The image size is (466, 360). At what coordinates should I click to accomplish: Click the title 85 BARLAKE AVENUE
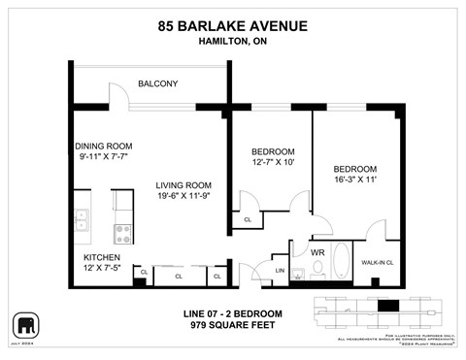(x=233, y=26)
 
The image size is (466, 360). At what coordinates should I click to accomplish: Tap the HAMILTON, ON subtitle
(x=233, y=42)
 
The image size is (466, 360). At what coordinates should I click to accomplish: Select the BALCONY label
(x=157, y=83)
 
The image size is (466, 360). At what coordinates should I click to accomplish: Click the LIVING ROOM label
(x=184, y=185)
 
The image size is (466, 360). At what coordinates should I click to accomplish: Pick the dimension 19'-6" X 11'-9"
(x=184, y=196)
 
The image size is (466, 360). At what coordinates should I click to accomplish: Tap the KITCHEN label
(x=103, y=257)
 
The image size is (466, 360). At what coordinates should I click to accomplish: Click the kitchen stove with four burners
(x=123, y=232)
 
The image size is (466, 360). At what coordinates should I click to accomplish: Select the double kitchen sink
(x=83, y=224)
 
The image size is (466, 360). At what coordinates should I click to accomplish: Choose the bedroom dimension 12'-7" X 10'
(x=273, y=163)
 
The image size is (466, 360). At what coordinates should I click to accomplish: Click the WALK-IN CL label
(x=378, y=262)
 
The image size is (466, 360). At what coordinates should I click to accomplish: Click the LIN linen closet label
(x=280, y=271)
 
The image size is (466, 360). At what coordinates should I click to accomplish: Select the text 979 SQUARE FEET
(x=234, y=326)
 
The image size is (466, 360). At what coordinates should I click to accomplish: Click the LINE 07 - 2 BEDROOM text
(x=234, y=313)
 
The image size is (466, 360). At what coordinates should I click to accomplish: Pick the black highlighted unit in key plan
(x=388, y=307)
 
